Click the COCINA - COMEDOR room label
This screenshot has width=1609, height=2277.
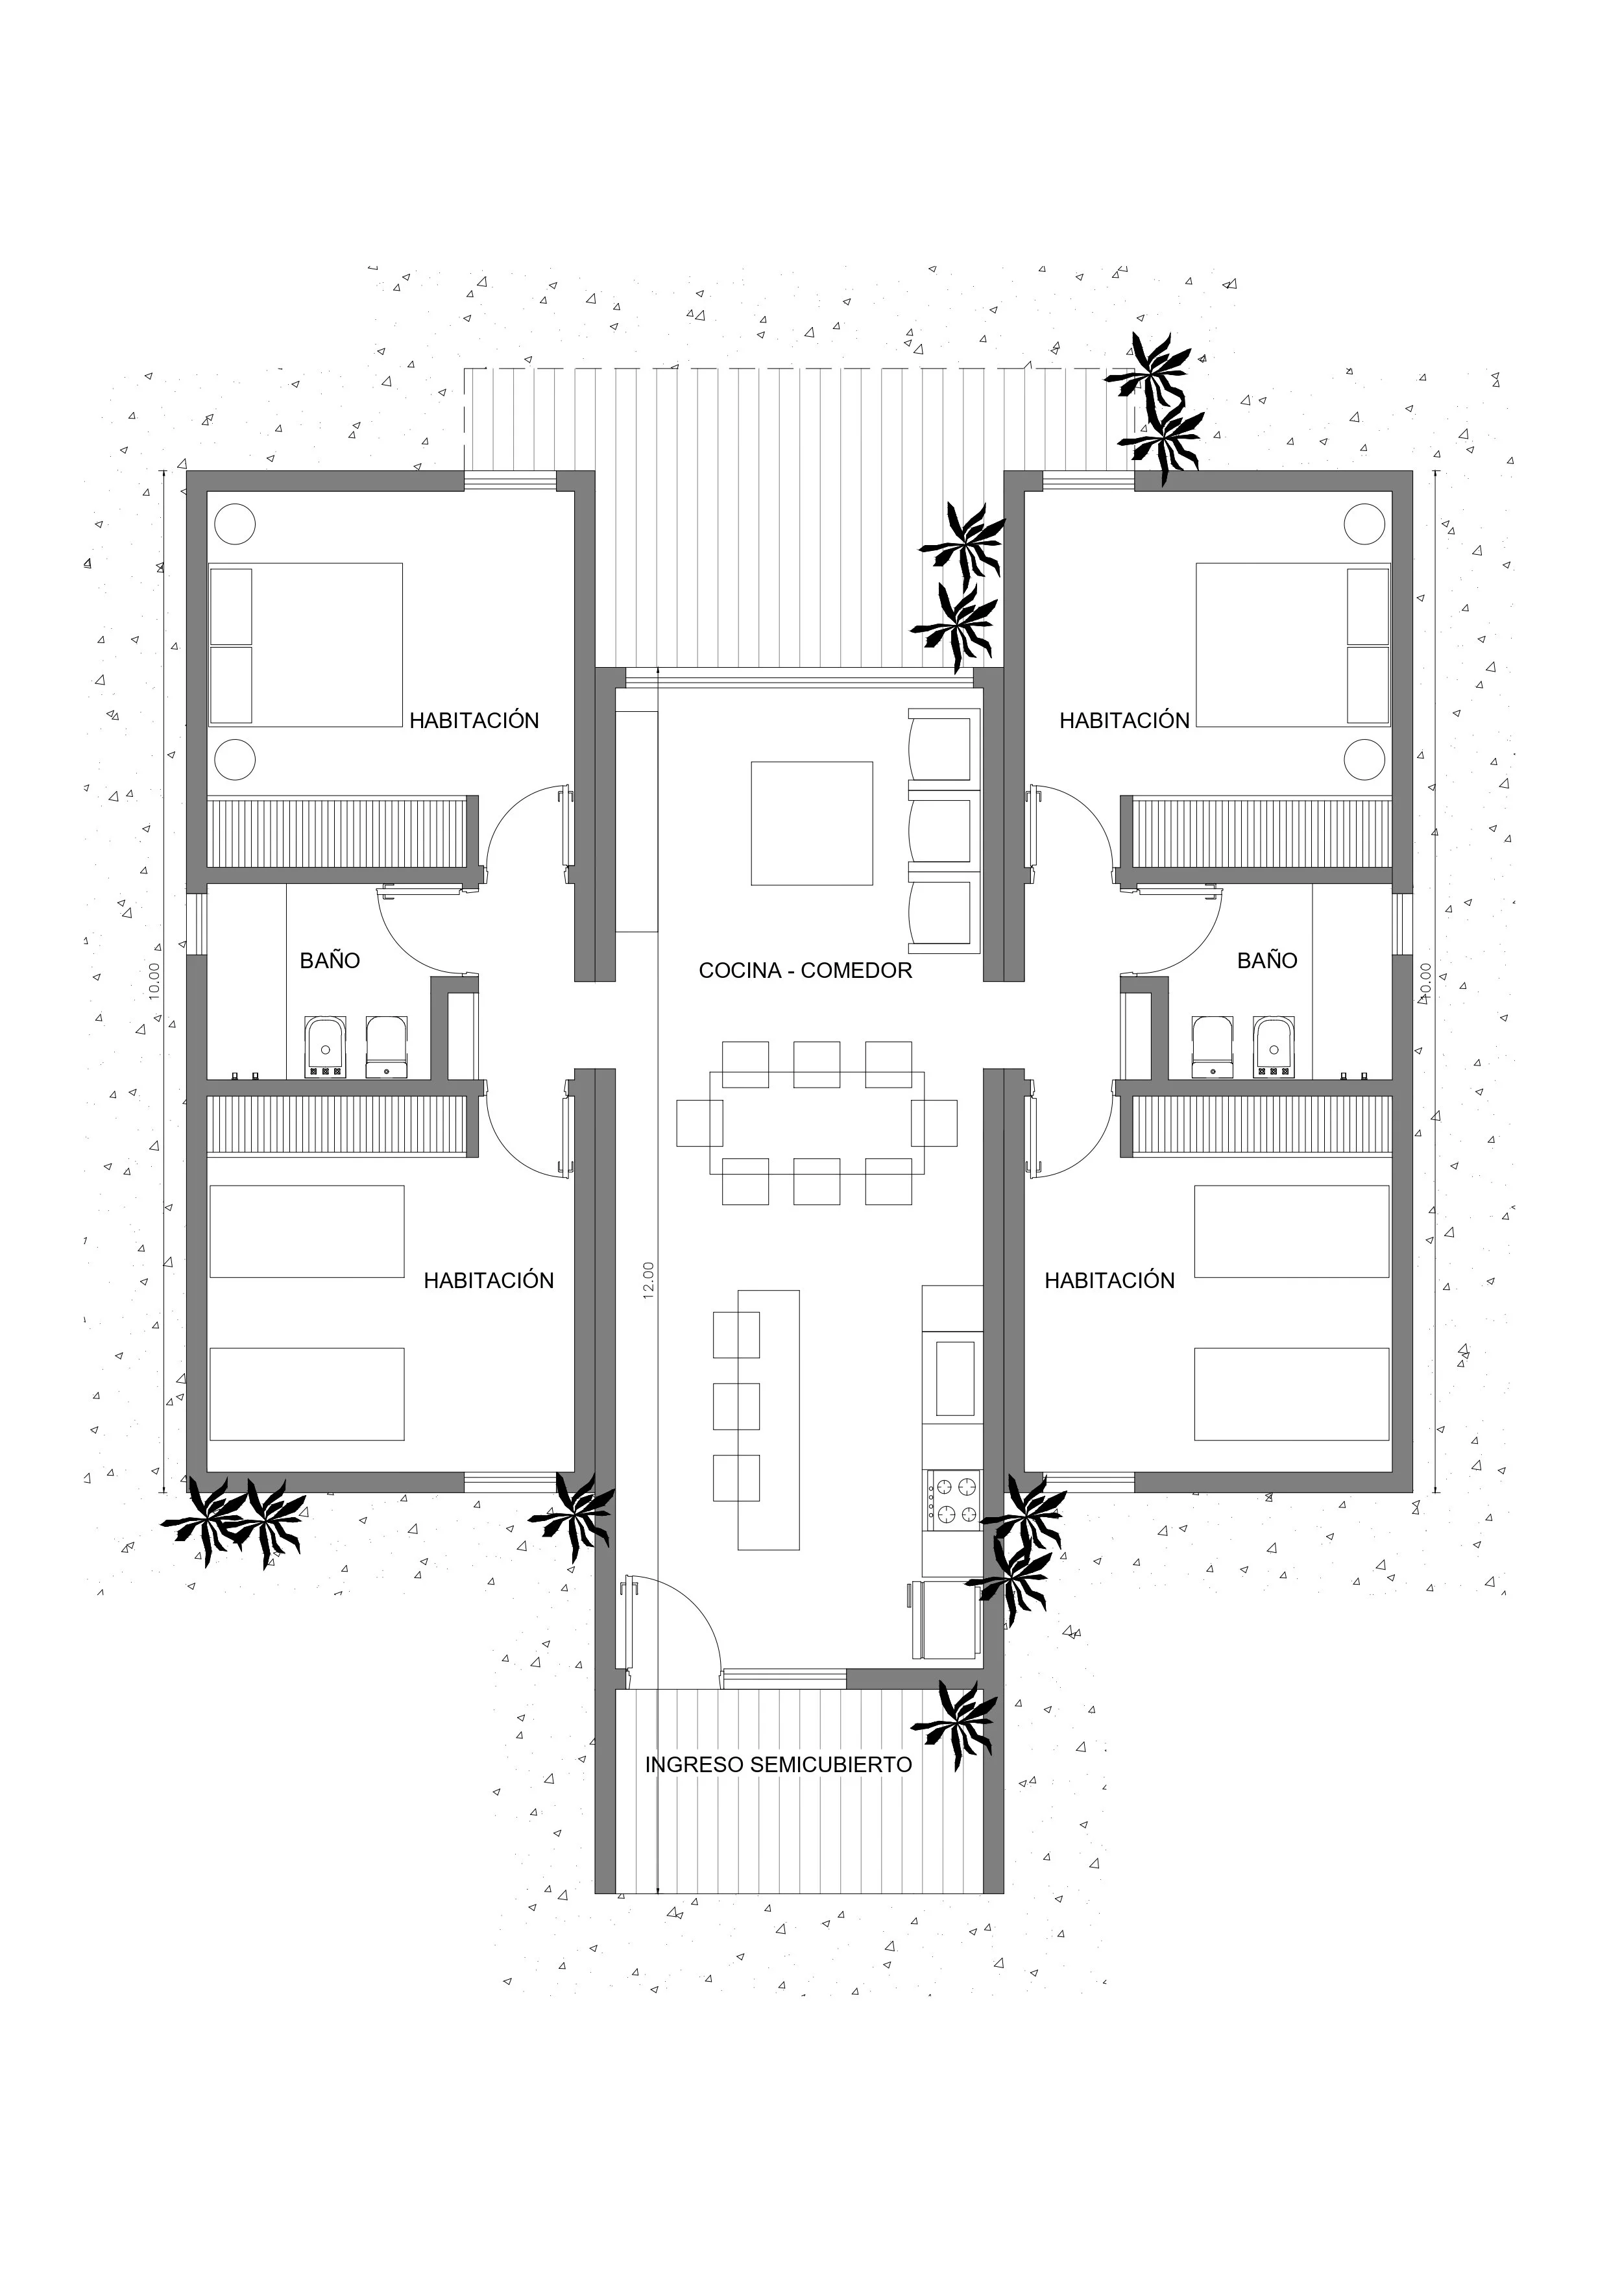pos(805,971)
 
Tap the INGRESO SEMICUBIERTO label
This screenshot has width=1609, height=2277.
pos(779,1765)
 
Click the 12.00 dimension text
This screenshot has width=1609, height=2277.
pos(648,1280)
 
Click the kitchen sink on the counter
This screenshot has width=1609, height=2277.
pos(954,1378)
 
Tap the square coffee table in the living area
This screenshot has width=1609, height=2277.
pos(811,823)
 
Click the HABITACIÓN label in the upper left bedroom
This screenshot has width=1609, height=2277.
pos(474,721)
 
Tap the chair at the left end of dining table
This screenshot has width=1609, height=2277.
pos(700,1123)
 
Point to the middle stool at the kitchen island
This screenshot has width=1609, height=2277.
pos(736,1406)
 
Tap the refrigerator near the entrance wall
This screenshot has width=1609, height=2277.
pos(945,1620)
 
